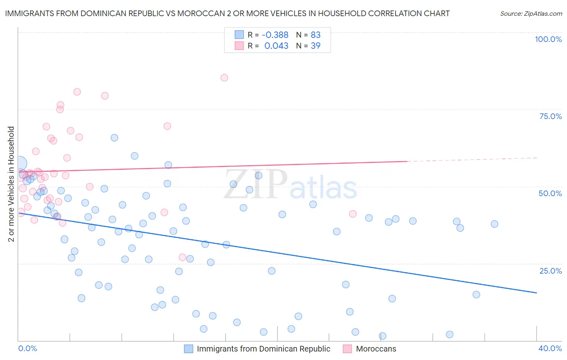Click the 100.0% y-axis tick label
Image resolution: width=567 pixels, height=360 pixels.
click(548, 39)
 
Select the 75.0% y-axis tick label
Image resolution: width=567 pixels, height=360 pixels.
click(550, 116)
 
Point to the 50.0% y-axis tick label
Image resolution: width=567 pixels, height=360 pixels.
click(550, 193)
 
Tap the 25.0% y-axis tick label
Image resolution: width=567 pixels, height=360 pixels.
click(550, 270)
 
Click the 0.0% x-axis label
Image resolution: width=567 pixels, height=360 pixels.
click(27, 348)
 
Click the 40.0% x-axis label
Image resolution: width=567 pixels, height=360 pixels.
click(550, 348)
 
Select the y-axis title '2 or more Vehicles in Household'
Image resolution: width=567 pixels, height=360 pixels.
click(11, 184)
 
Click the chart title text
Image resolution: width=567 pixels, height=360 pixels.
click(227, 13)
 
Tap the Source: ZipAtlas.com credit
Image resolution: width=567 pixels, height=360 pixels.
click(531, 14)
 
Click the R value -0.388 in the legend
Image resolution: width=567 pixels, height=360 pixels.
click(275, 35)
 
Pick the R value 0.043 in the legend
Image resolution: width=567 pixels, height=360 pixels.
click(276, 46)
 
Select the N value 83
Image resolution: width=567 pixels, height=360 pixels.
click(315, 35)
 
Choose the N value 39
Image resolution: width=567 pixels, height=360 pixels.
click(315, 46)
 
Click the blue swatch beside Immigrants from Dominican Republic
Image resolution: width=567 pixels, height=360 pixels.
click(188, 349)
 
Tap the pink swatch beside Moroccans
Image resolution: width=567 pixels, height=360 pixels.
click(347, 349)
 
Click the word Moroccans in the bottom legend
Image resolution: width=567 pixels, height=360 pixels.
click(376, 349)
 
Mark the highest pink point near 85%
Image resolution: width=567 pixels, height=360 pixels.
click(224, 77)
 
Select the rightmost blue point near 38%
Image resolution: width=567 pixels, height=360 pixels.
click(494, 224)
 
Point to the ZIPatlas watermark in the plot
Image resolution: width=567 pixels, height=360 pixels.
click(290, 184)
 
